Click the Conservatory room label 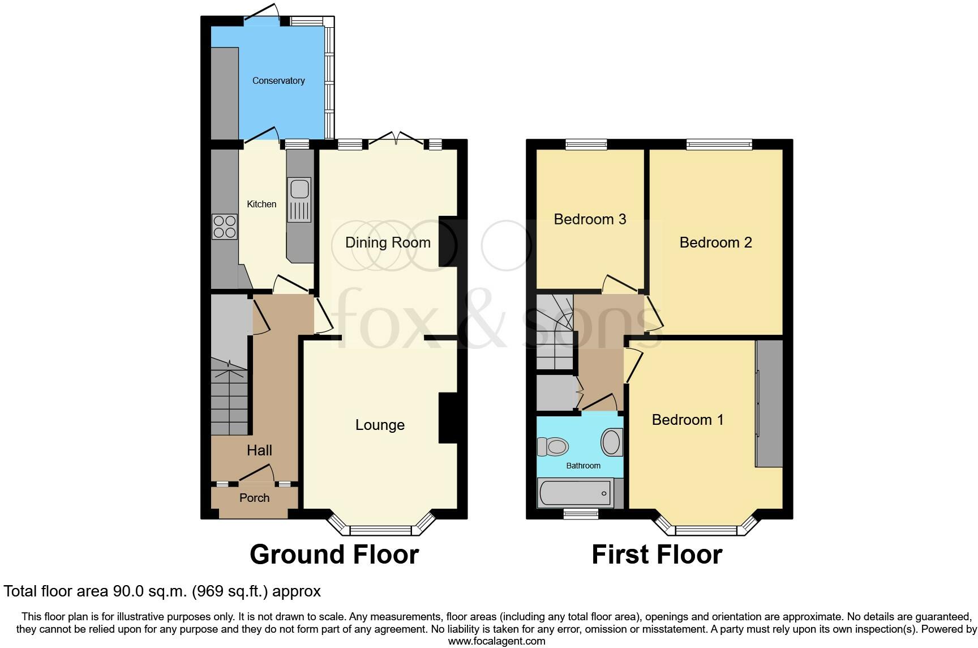[278, 81]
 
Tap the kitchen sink [299, 199]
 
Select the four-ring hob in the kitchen [224, 227]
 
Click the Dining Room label [388, 243]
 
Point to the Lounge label [380, 425]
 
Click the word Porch [254, 498]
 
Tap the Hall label [259, 450]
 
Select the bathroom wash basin [611, 442]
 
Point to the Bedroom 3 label [590, 220]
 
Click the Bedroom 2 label [715, 243]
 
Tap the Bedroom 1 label [688, 420]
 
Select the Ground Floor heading [334, 555]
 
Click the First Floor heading [657, 555]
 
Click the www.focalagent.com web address [496, 641]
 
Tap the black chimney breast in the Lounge [447, 418]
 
